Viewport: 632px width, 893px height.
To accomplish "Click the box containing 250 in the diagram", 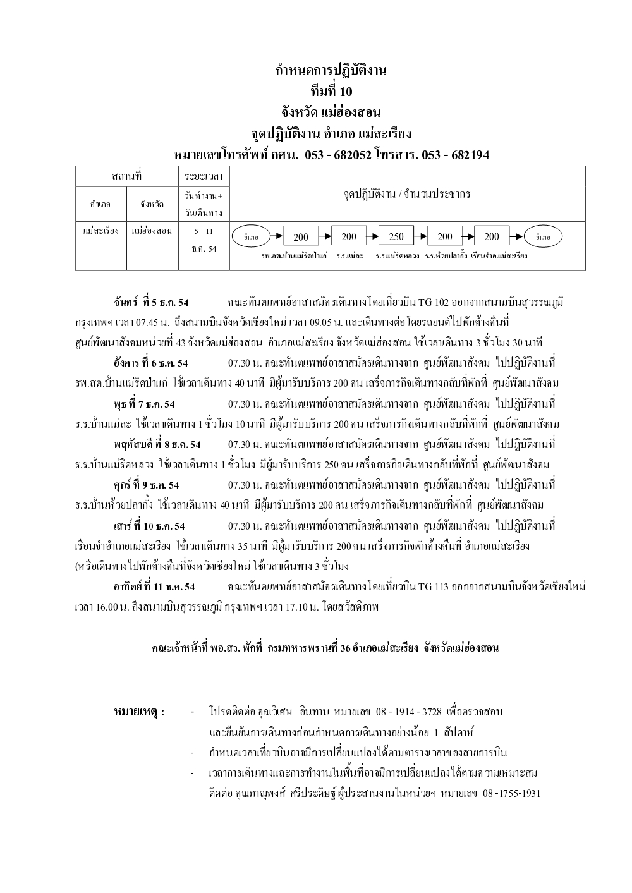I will point(396,237).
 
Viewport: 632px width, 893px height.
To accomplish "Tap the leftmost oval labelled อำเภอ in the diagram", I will point(251,237).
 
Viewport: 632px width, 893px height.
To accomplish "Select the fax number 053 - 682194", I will point(452,155).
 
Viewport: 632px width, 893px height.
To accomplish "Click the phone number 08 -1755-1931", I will point(511,793).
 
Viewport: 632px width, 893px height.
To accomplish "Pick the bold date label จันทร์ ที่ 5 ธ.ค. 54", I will point(151,302).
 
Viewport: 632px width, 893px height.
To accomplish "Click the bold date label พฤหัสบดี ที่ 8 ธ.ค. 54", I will point(157,444).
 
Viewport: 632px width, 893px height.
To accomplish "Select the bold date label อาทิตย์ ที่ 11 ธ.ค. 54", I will point(154,586).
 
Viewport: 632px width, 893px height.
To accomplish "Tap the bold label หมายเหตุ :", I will point(139,712).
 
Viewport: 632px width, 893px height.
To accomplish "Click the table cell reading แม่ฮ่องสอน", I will point(152,231).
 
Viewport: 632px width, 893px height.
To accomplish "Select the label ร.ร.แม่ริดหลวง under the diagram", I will point(397,257).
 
